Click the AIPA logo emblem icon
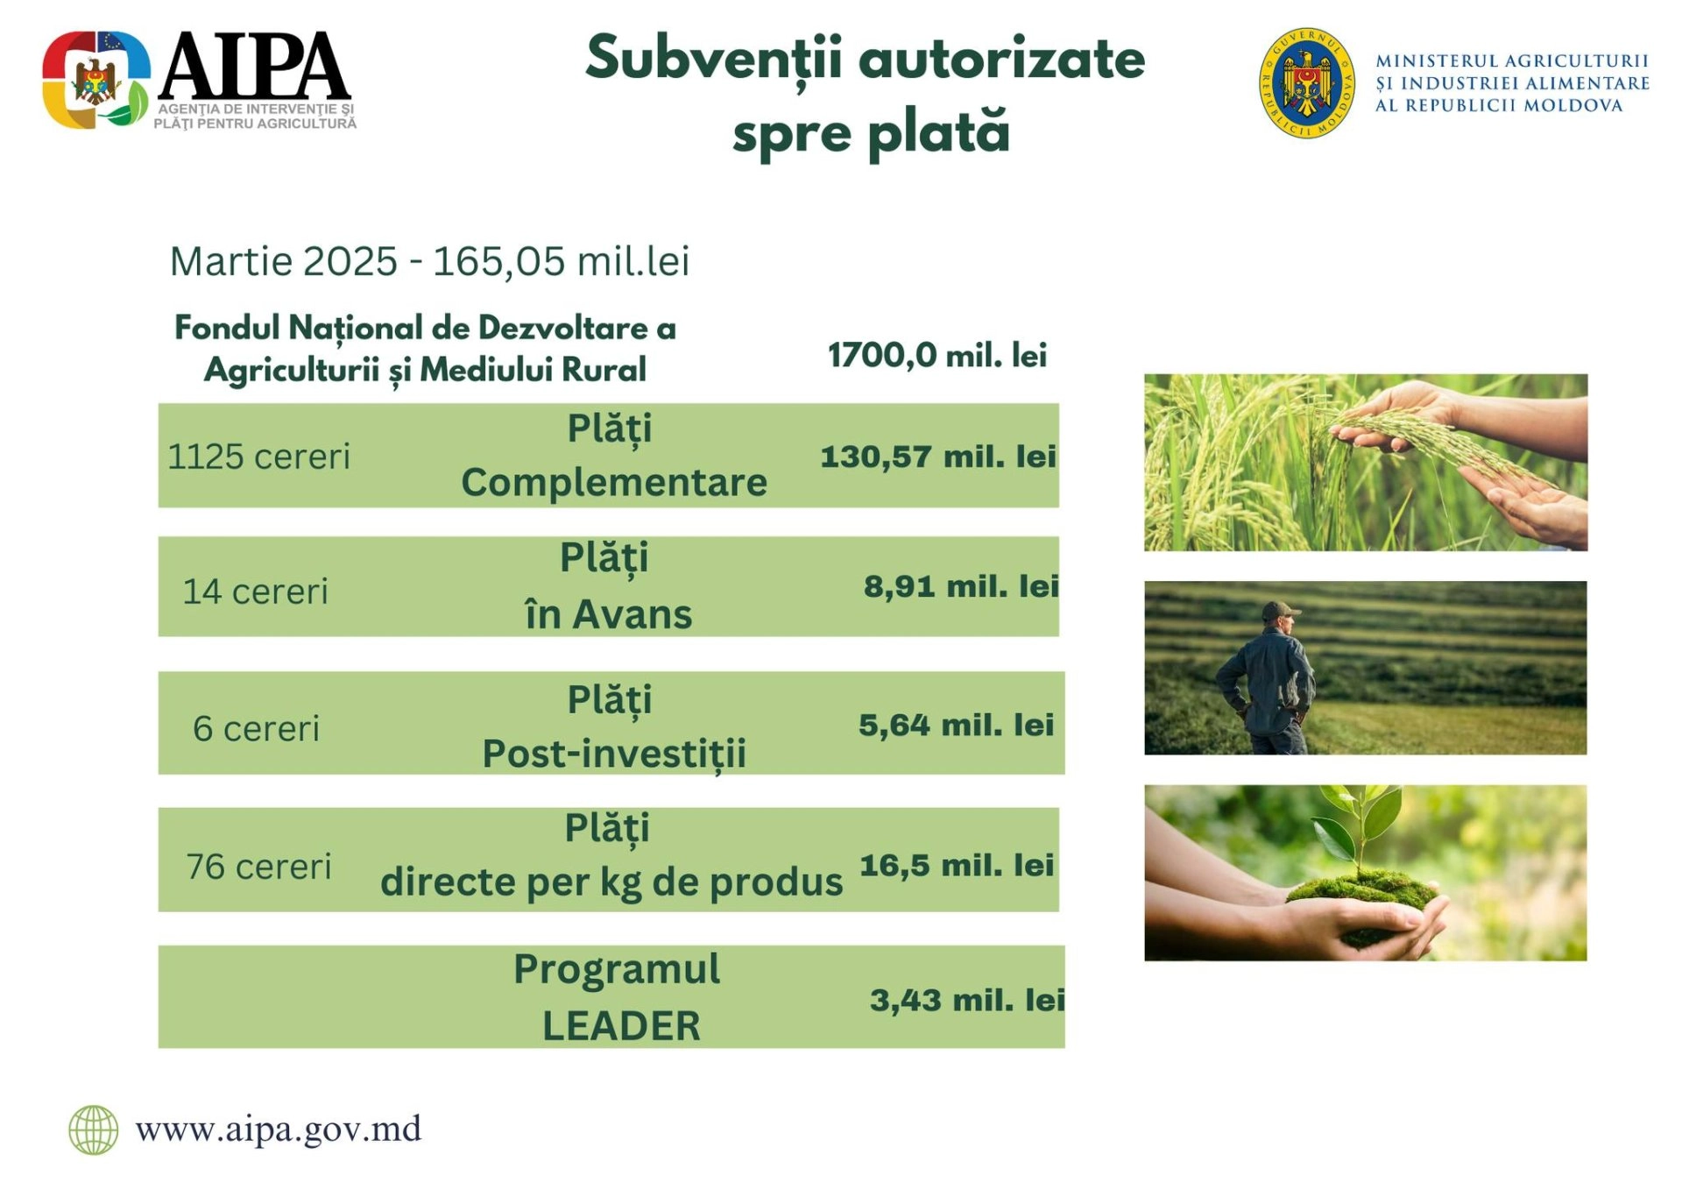click(x=95, y=80)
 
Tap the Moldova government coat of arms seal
click(x=1305, y=83)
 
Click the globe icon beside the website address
click(x=94, y=1130)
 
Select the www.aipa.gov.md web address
click(x=278, y=1129)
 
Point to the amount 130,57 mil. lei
click(x=937, y=457)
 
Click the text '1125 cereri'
click(x=258, y=457)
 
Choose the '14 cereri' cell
click(x=255, y=591)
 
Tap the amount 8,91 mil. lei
click(x=960, y=585)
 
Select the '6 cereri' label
click(x=256, y=728)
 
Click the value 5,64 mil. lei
click(x=955, y=725)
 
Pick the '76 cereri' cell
click(x=258, y=867)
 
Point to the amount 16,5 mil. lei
click(x=956, y=865)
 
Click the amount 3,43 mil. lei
click(x=966, y=1000)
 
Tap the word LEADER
click(x=621, y=1026)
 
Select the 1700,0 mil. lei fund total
click(x=936, y=355)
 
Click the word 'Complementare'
click(x=614, y=483)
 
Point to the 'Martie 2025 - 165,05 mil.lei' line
click(x=429, y=261)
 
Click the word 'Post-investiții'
click(x=614, y=754)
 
